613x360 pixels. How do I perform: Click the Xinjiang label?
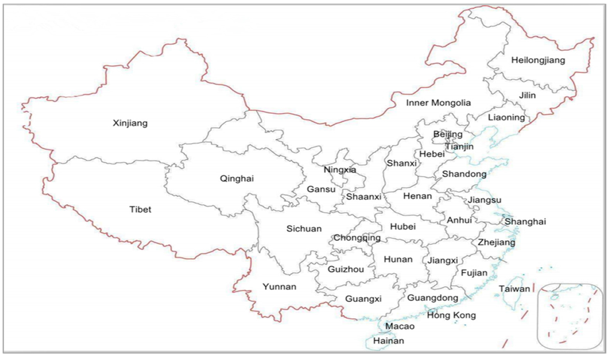(130, 123)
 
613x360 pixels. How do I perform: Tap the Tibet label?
(141, 210)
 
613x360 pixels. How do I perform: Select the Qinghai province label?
(237, 179)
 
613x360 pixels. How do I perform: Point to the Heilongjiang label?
(538, 60)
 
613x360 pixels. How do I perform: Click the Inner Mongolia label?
(438, 103)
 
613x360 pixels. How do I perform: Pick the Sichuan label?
(304, 229)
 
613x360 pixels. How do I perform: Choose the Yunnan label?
(279, 286)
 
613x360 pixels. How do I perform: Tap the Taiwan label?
(514, 289)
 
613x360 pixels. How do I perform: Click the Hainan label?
(389, 341)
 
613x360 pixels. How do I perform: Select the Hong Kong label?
(451, 315)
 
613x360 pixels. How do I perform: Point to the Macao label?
(399, 326)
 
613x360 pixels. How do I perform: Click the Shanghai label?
(525, 222)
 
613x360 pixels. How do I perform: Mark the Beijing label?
(448, 134)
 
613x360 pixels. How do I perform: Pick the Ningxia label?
(339, 170)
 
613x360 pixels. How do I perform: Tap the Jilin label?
(527, 95)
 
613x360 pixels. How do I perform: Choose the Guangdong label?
(432, 298)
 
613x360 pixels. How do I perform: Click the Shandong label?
(464, 174)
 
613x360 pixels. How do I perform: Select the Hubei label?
(402, 226)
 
